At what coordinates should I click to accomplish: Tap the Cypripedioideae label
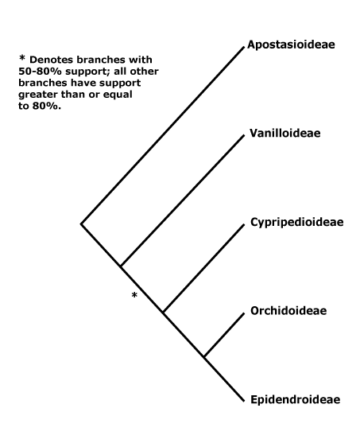tap(294, 221)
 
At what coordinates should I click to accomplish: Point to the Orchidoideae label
tap(285, 309)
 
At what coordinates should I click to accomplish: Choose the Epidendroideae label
tap(293, 398)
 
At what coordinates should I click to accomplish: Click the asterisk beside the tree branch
tap(135, 297)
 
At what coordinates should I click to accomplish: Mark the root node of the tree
tap(81, 223)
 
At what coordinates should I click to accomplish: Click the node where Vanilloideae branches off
tap(121, 266)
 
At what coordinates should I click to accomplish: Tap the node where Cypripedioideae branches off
tap(163, 311)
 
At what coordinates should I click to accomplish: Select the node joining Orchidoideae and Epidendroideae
tap(203, 356)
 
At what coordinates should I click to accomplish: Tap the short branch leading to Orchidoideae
tap(223, 333)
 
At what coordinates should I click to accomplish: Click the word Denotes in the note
tap(52, 60)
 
